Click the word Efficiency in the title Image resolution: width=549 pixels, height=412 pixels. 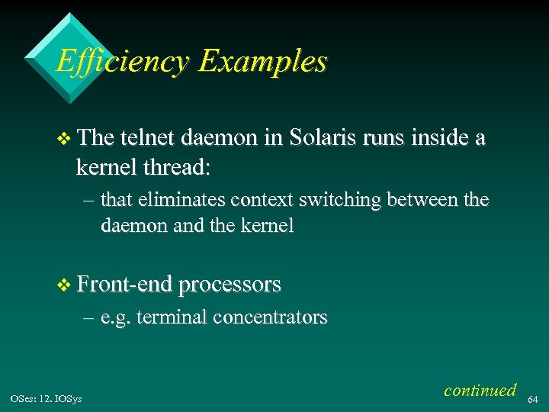coord(122,62)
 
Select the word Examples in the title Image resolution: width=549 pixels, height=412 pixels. coord(262,62)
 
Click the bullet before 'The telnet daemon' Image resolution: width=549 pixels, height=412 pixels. coord(63,139)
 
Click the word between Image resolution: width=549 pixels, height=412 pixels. coord(424,201)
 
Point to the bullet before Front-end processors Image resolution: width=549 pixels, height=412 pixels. coord(63,285)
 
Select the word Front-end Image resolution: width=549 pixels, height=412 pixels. coord(124,285)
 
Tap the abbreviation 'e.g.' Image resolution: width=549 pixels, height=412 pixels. coord(115,318)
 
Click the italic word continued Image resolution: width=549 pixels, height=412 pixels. coord(480,390)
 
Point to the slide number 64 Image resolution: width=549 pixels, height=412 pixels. coord(534,398)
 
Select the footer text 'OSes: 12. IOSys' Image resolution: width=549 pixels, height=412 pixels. coord(47,398)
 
